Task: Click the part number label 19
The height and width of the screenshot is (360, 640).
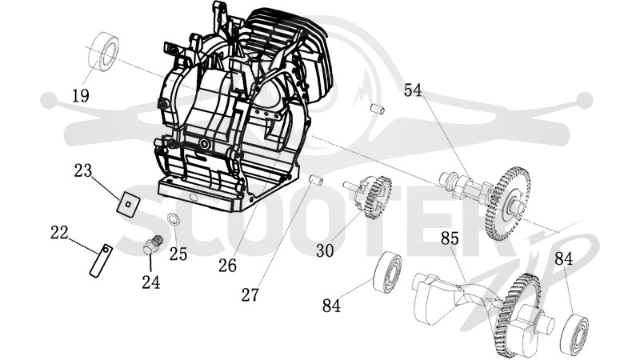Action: coord(81,96)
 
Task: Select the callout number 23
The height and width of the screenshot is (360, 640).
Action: coord(83,170)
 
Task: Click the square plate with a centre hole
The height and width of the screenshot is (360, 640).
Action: coord(128,202)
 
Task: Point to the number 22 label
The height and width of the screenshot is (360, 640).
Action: coord(59,233)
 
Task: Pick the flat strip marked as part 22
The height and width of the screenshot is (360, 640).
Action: coord(101,261)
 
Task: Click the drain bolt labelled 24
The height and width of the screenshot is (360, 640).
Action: coord(153,245)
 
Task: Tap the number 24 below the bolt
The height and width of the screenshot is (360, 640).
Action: coord(151,282)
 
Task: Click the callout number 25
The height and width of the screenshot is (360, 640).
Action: coord(178,254)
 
